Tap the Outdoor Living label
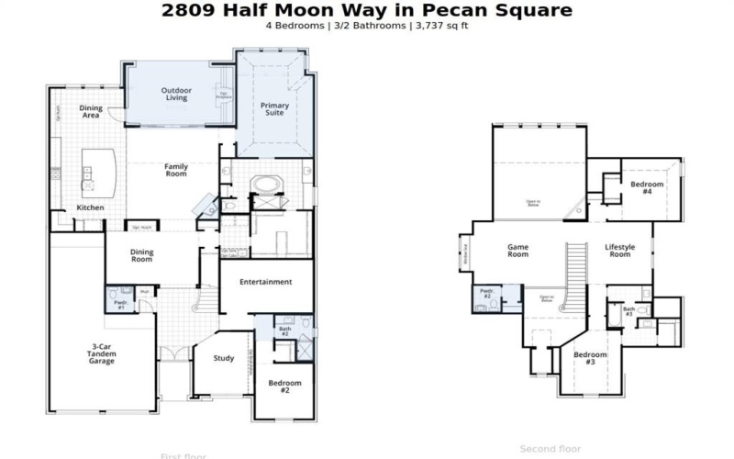[x=175, y=94]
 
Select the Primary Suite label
[x=274, y=109]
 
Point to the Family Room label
[x=176, y=170]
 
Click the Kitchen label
[x=90, y=208]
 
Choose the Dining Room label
[x=142, y=255]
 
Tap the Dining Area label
[x=91, y=112]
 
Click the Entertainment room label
[x=266, y=282]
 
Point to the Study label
[x=224, y=358]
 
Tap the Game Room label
[x=518, y=251]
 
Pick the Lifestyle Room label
[x=619, y=251]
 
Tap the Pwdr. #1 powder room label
[x=120, y=304]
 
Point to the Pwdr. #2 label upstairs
[x=486, y=296]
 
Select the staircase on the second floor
[x=577, y=266]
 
